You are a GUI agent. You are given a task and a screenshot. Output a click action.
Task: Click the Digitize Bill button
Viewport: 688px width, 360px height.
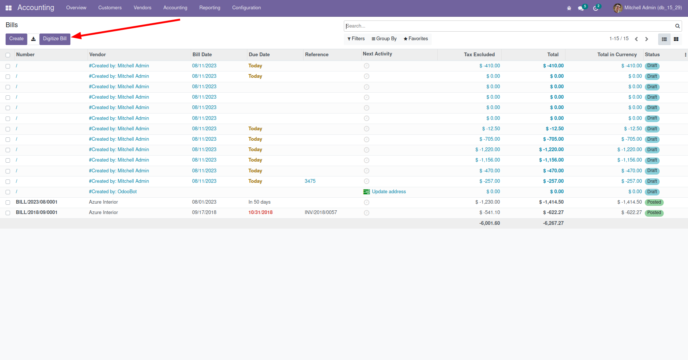tap(55, 39)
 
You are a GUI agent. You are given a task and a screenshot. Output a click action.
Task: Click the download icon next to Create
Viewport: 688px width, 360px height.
tap(34, 39)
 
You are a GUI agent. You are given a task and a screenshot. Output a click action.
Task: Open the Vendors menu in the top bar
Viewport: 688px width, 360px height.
tap(142, 8)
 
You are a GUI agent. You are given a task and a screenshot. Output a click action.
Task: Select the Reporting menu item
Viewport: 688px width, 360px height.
tap(210, 8)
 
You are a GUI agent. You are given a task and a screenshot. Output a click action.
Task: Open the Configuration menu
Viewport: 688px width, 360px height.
tap(246, 8)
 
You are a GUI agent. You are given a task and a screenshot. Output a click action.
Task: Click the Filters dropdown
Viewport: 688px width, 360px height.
tap(356, 39)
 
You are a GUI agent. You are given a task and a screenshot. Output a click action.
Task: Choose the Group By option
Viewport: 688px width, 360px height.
tap(384, 39)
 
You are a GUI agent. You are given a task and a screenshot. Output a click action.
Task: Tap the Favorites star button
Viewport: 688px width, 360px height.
tap(416, 39)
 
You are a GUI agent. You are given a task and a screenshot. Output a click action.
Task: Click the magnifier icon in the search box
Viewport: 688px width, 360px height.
tap(678, 26)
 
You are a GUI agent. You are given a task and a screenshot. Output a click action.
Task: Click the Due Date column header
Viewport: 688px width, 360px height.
tap(259, 55)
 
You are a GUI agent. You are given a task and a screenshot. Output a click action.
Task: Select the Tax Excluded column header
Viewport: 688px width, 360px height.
tap(479, 55)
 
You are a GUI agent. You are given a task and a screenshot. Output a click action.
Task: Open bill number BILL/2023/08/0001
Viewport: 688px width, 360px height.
tap(37, 202)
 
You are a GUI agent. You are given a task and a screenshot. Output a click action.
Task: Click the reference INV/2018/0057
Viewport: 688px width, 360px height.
tap(321, 213)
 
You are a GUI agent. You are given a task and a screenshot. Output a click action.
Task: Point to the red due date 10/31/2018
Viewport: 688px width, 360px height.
tap(260, 213)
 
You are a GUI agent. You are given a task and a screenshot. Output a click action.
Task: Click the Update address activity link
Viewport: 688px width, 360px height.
tap(389, 192)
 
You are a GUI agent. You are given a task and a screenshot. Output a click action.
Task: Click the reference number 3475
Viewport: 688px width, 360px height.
tap(310, 181)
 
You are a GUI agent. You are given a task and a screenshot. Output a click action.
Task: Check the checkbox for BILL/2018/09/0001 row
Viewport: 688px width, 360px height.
tap(8, 213)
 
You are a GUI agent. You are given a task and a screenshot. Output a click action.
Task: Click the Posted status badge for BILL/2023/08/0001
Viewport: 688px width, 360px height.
tap(654, 203)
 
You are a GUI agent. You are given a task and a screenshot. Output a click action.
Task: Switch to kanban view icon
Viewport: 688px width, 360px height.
tap(676, 39)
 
